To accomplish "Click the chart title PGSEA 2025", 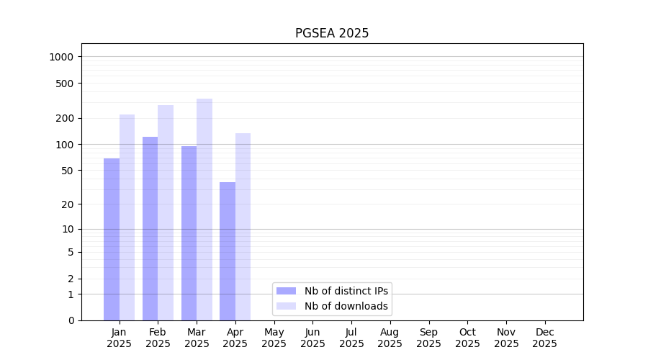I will coord(332,33).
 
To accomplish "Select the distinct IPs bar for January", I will coord(112,239).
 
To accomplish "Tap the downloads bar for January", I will coord(127,217).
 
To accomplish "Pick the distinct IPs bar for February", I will coord(150,228).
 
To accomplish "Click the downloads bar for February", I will coord(166,212).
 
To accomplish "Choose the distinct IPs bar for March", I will coord(189,233).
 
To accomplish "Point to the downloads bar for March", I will coord(204,210).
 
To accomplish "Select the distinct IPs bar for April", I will coord(228,251).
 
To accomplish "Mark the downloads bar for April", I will coord(243,227).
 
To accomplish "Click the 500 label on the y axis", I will coord(66,84).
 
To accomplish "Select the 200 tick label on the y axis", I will coord(66,119).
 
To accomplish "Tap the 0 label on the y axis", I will coord(71,320).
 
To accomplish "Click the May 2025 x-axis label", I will coord(274,338).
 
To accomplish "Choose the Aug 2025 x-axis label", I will coord(390,338).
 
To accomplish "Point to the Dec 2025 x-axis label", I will coord(544,338).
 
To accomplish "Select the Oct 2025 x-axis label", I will coord(467,338).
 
